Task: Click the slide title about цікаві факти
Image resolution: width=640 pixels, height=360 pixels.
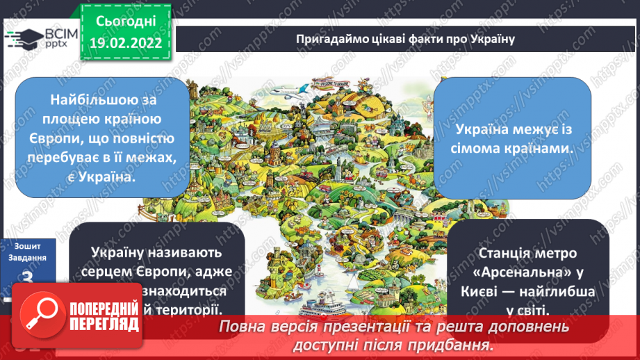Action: pos(404,38)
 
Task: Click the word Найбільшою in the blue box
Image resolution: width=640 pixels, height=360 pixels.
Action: pos(102,99)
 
